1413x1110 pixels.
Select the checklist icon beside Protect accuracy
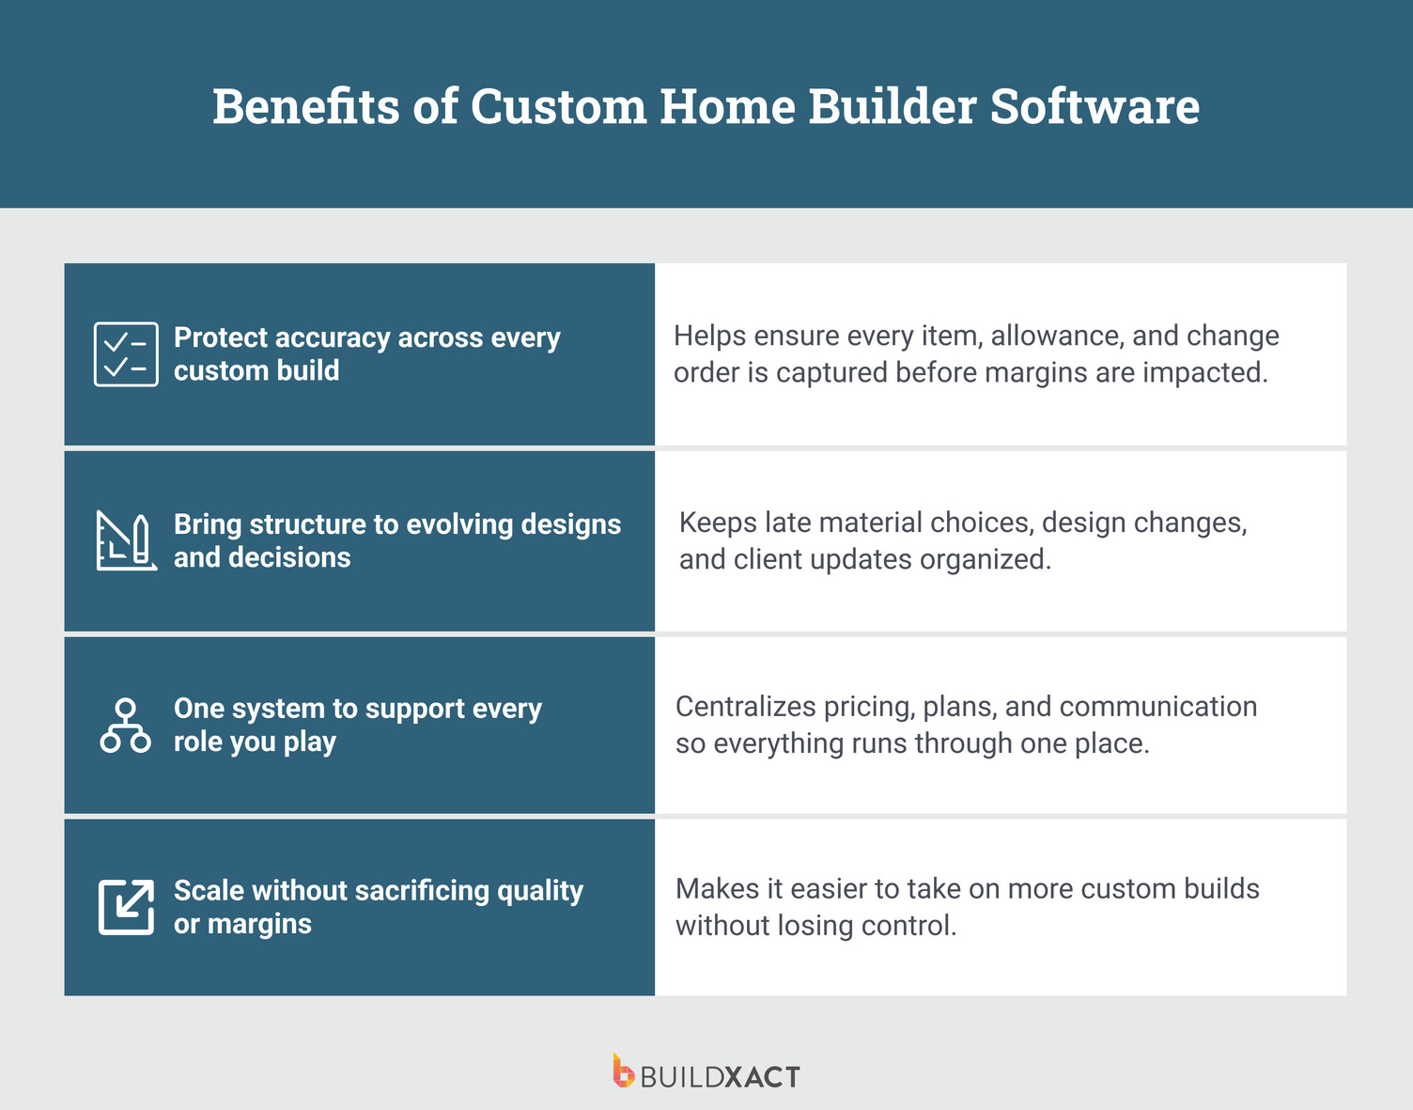(x=126, y=354)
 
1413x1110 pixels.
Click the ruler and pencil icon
(x=126, y=540)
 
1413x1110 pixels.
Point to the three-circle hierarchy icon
(x=125, y=726)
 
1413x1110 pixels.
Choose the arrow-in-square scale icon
(x=126, y=907)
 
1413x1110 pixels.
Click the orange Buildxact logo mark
(x=623, y=1071)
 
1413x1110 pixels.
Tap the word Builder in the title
(x=893, y=106)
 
